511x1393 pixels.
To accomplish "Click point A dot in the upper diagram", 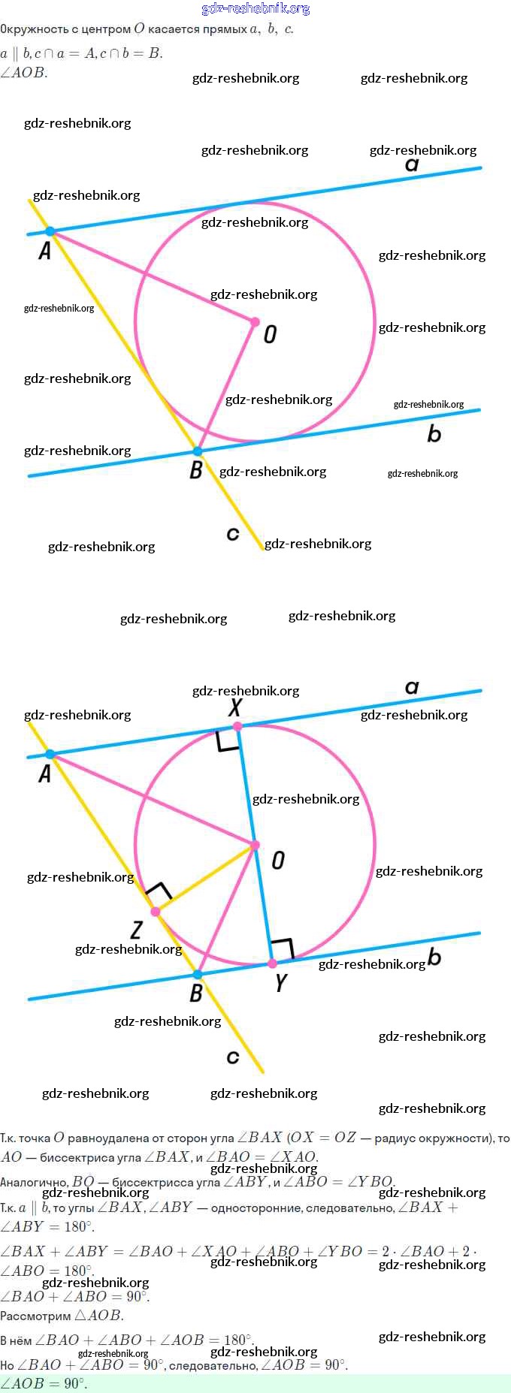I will click(x=50, y=231).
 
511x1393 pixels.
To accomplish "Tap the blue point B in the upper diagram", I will click(x=198, y=451).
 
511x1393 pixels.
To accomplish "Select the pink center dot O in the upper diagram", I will click(x=255, y=322).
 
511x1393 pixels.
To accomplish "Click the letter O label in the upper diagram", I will click(x=271, y=334).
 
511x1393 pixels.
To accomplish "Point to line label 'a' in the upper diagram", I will click(x=412, y=164).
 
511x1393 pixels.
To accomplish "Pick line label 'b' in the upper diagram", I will click(x=434, y=433).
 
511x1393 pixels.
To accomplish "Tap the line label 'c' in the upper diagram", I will click(x=233, y=534).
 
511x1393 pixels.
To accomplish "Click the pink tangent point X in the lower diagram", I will click(x=237, y=726).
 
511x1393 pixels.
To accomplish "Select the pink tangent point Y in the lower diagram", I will click(x=272, y=963).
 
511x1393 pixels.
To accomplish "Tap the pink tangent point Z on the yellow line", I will click(x=156, y=912).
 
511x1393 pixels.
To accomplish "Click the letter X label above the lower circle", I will click(x=235, y=707).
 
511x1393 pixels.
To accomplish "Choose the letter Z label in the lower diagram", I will click(x=136, y=930).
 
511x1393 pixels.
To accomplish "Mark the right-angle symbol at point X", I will click(x=228, y=740).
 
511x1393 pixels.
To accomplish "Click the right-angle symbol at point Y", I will click(x=283, y=949).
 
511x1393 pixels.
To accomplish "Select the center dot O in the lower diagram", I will click(x=255, y=846).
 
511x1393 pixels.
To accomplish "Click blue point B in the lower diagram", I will click(x=198, y=975).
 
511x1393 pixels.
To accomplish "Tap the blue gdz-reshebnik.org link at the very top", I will click(x=255, y=8).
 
